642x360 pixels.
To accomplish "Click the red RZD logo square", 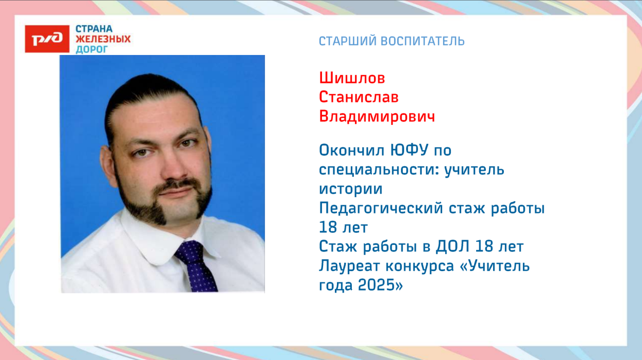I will (47, 39).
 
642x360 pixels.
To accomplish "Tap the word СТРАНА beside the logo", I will (94, 29).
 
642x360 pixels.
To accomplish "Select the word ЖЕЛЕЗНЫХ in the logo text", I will (103, 39).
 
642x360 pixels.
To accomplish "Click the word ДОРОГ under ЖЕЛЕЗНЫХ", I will (92, 49).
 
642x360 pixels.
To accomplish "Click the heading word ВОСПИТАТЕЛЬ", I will (423, 41).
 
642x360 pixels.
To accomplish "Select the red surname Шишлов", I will (352, 79).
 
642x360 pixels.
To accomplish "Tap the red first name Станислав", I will (358, 97).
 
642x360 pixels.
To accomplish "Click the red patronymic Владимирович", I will (377, 117).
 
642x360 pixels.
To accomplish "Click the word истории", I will (351, 189).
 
